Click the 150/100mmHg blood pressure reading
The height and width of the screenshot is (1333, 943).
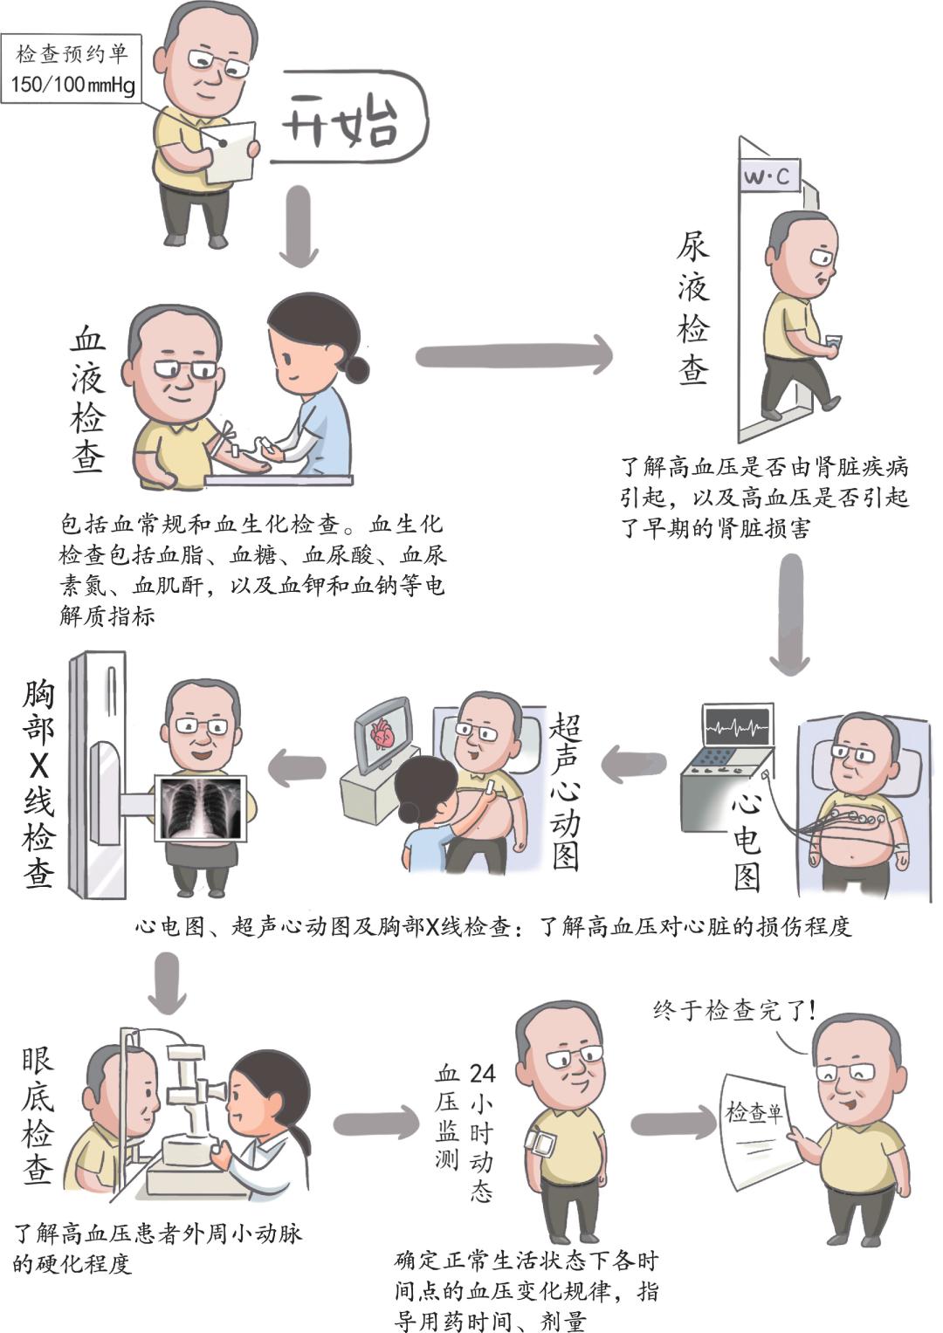click(x=72, y=85)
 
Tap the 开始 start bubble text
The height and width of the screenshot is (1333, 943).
click(x=340, y=122)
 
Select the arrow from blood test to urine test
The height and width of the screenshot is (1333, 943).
click(x=513, y=355)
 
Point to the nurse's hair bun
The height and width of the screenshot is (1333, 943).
click(x=354, y=368)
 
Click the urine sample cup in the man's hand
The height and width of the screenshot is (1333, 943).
click(x=833, y=343)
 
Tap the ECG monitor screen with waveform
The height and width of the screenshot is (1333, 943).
click(x=737, y=728)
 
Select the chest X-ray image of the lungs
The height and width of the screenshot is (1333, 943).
click(x=201, y=807)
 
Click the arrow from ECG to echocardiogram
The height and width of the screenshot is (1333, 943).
click(x=633, y=766)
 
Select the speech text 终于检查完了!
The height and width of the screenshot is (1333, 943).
click(x=734, y=1010)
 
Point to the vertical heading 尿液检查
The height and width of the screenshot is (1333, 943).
click(x=693, y=308)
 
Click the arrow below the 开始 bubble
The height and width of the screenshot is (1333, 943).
click(x=299, y=226)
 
